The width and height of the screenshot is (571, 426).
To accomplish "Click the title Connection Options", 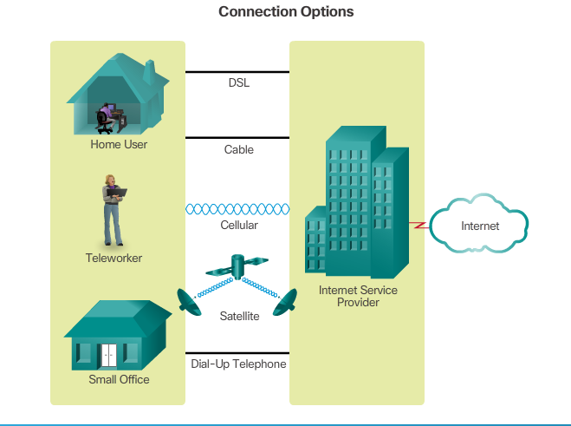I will [x=286, y=12].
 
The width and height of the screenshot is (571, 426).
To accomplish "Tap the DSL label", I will [x=238, y=83].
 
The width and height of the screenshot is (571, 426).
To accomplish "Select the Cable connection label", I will [x=238, y=149].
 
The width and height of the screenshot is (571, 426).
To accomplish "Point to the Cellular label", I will [x=238, y=225].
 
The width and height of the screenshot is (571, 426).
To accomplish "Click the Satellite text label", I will [x=238, y=317].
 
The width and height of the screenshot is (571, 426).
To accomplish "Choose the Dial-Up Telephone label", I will [x=238, y=364].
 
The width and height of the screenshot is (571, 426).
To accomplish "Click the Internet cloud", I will [x=479, y=226].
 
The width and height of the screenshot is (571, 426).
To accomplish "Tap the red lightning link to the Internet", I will [x=419, y=226].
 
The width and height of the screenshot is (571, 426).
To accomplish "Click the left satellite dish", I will [x=189, y=300].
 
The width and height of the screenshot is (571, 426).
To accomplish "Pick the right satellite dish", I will [x=284, y=303].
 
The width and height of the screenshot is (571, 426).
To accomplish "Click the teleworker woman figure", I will [x=113, y=210].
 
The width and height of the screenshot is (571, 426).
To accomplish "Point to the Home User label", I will [x=119, y=144].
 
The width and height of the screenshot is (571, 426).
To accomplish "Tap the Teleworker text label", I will [x=114, y=258].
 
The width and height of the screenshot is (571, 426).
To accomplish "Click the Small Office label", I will [x=119, y=379].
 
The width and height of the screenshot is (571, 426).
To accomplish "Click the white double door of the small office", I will [x=108, y=353].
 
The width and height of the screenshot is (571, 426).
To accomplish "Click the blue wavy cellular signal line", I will [x=237, y=209].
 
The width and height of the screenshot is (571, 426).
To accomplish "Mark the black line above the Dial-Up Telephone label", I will [x=237, y=351].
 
